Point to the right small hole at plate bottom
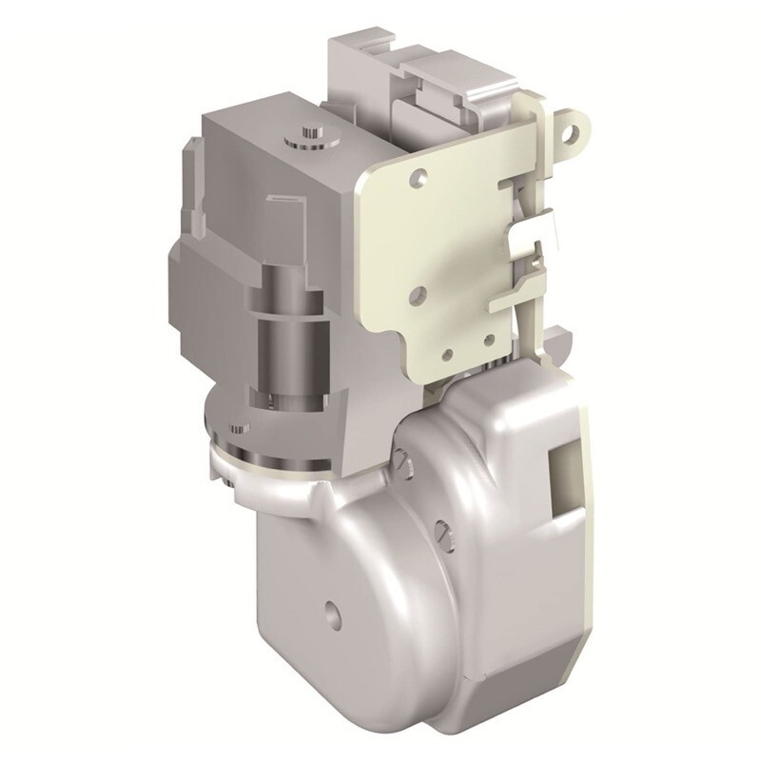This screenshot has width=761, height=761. (488, 339)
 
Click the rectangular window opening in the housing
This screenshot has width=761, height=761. (561, 473)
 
